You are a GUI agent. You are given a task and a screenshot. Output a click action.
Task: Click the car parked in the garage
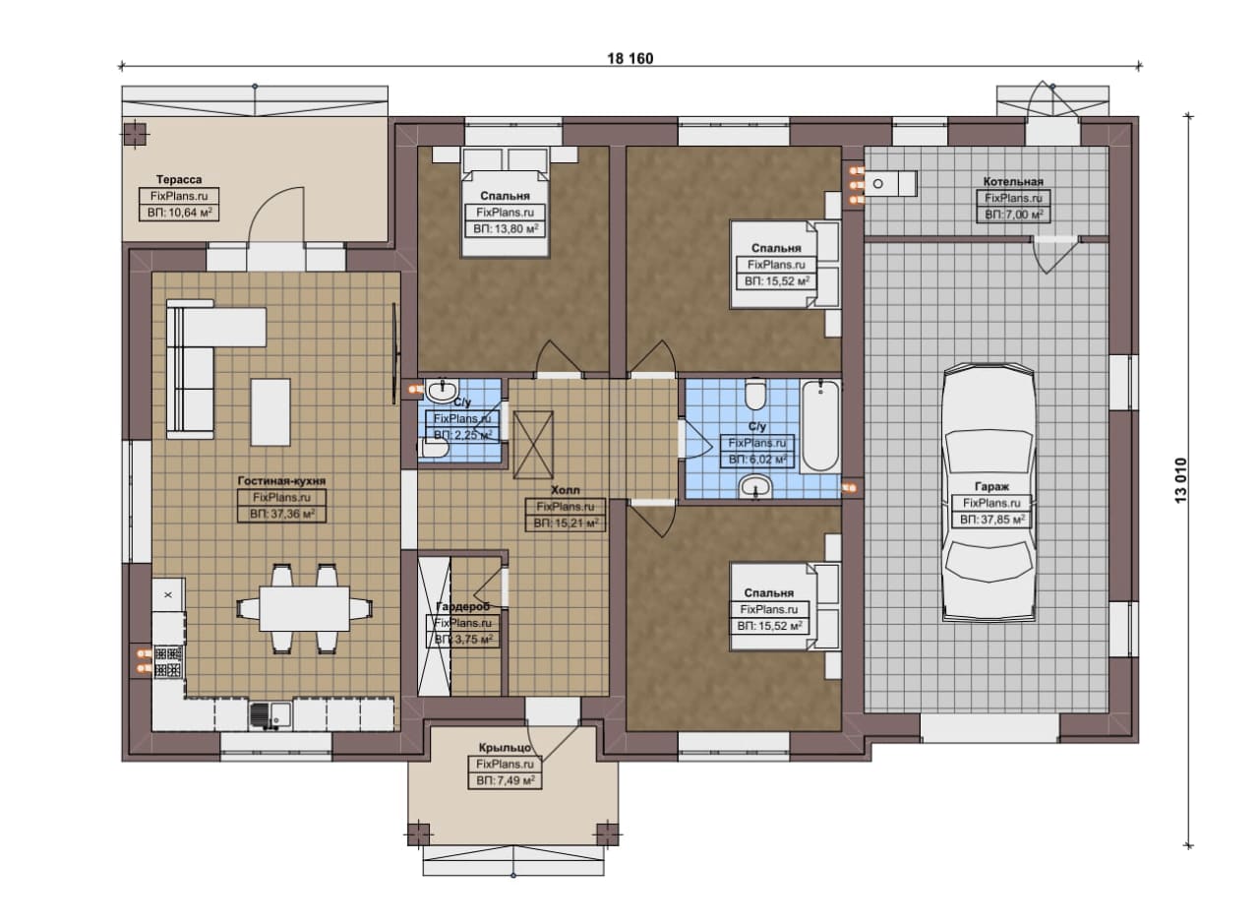(x=989, y=492)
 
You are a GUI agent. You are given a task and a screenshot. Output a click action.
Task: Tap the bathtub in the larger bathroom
(x=820, y=426)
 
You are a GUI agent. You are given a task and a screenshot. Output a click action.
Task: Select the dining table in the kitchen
(x=304, y=608)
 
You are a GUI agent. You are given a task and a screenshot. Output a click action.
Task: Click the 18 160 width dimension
(x=630, y=58)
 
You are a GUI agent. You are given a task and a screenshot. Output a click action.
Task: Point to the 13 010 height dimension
(x=1181, y=480)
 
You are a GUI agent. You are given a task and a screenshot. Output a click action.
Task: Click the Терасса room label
(x=179, y=179)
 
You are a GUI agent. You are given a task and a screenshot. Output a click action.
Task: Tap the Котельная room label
(x=1013, y=181)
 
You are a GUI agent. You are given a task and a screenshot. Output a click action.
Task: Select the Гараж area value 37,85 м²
(x=992, y=520)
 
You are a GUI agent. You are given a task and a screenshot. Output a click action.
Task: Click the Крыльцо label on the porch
(x=505, y=748)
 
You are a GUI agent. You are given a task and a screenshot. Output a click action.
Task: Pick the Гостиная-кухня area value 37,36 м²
(x=281, y=514)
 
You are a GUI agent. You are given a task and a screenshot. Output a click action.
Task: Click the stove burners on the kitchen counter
(x=168, y=662)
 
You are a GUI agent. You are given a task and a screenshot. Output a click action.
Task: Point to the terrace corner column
(x=135, y=135)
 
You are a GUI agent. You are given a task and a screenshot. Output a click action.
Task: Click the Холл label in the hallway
(x=565, y=490)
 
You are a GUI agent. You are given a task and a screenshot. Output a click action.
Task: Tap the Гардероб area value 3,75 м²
(x=463, y=640)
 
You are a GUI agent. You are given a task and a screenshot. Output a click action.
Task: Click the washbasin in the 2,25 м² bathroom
(x=442, y=391)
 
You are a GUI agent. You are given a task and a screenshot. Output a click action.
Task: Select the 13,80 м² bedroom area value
(x=506, y=229)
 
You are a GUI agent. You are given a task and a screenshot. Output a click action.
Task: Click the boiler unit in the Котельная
(x=890, y=183)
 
